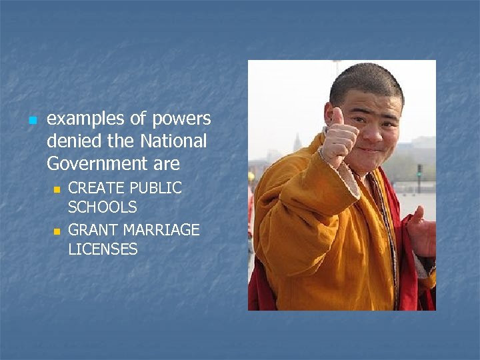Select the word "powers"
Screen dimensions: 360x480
[181, 119]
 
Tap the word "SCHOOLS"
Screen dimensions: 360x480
[103, 207]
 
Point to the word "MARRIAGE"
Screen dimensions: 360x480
[160, 230]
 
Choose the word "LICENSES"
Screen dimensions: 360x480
[103, 249]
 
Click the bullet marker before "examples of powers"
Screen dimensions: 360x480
[31, 121]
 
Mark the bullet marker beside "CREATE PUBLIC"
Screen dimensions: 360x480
[57, 189]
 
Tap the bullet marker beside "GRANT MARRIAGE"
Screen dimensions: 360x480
[57, 231]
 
